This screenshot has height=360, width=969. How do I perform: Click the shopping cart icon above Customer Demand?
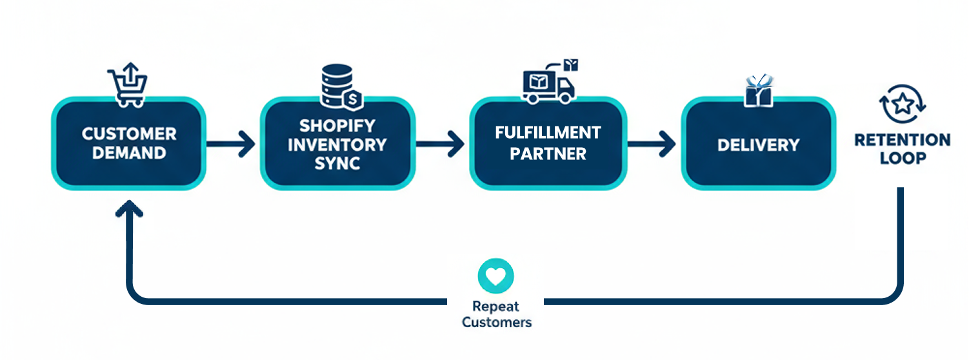(128, 85)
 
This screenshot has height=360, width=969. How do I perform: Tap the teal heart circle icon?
(496, 276)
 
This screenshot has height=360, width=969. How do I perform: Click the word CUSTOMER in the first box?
(129, 134)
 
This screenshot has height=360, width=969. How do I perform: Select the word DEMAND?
(129, 154)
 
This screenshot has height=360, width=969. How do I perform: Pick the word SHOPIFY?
(337, 125)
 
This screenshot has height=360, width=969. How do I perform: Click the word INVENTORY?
(337, 144)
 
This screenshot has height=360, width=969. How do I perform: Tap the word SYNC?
(337, 163)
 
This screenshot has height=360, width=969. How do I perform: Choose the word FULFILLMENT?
(548, 133)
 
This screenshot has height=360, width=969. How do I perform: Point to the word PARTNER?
(548, 154)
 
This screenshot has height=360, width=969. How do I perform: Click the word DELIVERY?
(758, 145)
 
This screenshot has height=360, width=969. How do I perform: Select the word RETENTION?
(902, 140)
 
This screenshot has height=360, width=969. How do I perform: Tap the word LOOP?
(902, 158)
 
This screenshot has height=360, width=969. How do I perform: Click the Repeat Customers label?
(496, 314)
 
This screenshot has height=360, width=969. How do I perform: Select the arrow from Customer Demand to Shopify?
(232, 144)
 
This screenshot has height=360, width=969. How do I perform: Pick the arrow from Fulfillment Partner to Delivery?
(652, 144)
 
